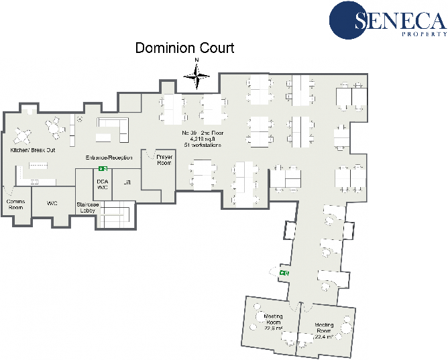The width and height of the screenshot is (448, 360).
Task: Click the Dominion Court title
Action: point(185,48)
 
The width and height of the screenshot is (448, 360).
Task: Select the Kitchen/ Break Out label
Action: point(32,151)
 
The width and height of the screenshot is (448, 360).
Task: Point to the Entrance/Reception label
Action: point(109,158)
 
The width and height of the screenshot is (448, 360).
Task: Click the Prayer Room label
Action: point(164,160)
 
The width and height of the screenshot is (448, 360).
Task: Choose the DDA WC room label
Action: point(103,184)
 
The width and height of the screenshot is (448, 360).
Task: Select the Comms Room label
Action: point(15,204)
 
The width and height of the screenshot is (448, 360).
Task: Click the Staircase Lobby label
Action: point(87,207)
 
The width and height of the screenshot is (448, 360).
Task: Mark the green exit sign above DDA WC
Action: point(103,168)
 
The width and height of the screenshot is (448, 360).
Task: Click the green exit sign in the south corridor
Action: point(284,273)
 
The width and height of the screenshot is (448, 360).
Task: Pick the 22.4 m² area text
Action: point(324,337)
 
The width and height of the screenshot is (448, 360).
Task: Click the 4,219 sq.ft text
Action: point(202,139)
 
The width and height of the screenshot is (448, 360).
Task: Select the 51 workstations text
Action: point(202,145)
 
